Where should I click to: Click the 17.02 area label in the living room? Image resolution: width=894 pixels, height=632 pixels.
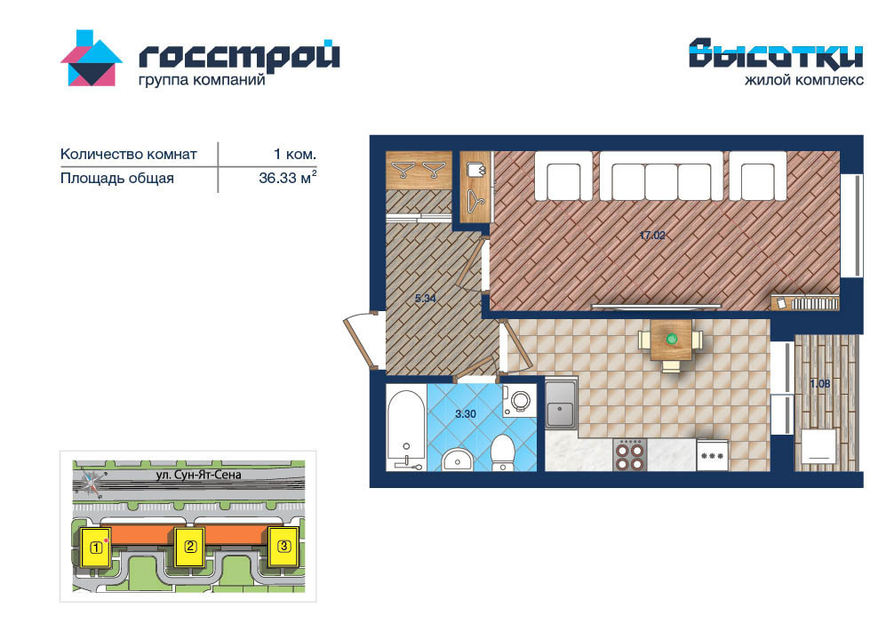coord(653,235)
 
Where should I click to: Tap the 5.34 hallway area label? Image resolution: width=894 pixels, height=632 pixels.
coord(426,298)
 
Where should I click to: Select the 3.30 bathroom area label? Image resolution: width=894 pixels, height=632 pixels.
coord(466,414)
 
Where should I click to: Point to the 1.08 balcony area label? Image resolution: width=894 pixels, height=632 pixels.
coord(820,384)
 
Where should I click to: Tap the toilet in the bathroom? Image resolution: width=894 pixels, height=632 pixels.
coord(503,453)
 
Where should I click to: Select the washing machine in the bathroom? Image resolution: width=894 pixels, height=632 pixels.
coord(519,400)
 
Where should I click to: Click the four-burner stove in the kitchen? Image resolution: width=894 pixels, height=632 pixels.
coord(630,454)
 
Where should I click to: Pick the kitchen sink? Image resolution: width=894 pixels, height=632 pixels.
coord(561,404)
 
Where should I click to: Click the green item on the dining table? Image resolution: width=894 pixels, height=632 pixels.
coord(672,339)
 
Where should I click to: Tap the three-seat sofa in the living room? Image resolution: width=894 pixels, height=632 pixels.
coord(662,176)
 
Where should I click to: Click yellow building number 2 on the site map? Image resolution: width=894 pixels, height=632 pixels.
coord(190,547)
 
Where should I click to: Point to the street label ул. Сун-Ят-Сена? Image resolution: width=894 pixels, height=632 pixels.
coord(198,475)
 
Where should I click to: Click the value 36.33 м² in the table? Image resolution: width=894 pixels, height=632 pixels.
coord(287,178)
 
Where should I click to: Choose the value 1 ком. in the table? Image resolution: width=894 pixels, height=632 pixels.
coord(295,154)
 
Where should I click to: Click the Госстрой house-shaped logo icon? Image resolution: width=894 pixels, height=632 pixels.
coord(92,58)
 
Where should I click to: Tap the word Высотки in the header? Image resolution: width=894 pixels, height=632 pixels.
coord(776,53)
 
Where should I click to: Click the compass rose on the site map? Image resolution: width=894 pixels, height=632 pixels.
coord(92,484)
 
